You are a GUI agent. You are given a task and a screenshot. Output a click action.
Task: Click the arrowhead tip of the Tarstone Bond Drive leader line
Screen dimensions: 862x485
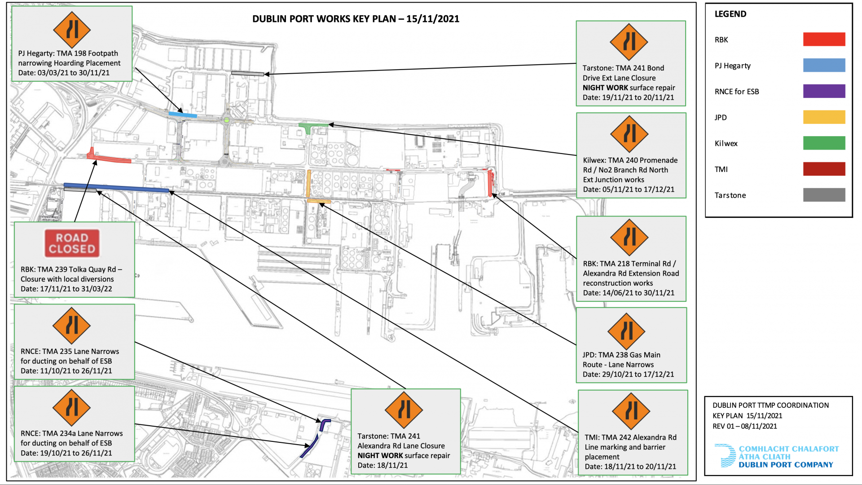point(264,74)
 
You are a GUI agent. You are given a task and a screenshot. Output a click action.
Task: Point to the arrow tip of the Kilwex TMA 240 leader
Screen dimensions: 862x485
point(329,124)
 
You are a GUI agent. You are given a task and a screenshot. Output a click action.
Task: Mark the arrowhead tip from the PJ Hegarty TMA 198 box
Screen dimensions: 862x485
point(183,112)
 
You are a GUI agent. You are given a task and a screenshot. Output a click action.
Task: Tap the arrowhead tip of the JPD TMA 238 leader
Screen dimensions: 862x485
point(319,203)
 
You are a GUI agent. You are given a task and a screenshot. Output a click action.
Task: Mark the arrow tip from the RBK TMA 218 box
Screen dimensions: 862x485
point(493,193)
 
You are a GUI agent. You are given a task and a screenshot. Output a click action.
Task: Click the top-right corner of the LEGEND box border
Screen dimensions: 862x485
point(852,4)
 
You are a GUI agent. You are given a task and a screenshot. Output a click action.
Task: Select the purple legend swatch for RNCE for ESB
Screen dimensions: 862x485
point(824,91)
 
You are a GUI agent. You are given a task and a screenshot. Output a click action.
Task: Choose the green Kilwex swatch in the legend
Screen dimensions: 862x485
point(824,143)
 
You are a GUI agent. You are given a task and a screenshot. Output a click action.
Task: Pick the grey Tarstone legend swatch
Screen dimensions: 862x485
point(824,195)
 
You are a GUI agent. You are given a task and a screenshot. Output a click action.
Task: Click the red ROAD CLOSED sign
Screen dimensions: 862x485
point(72,243)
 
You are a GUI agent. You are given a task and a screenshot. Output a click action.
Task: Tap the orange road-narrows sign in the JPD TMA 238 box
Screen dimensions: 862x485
point(626,331)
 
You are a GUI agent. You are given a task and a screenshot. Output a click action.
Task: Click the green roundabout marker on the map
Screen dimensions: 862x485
point(227,120)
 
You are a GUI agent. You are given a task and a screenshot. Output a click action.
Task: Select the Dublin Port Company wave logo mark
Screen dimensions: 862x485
point(725,456)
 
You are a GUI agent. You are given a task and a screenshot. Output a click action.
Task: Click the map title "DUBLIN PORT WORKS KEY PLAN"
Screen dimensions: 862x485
point(324,19)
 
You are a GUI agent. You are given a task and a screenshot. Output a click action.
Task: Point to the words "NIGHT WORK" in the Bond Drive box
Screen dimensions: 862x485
point(605,88)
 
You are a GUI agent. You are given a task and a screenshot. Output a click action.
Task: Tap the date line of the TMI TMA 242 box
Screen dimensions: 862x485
point(630,467)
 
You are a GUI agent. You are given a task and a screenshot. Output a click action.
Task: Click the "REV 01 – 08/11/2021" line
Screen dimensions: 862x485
point(745,426)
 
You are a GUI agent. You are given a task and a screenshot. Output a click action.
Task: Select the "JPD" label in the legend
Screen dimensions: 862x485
point(721,117)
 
